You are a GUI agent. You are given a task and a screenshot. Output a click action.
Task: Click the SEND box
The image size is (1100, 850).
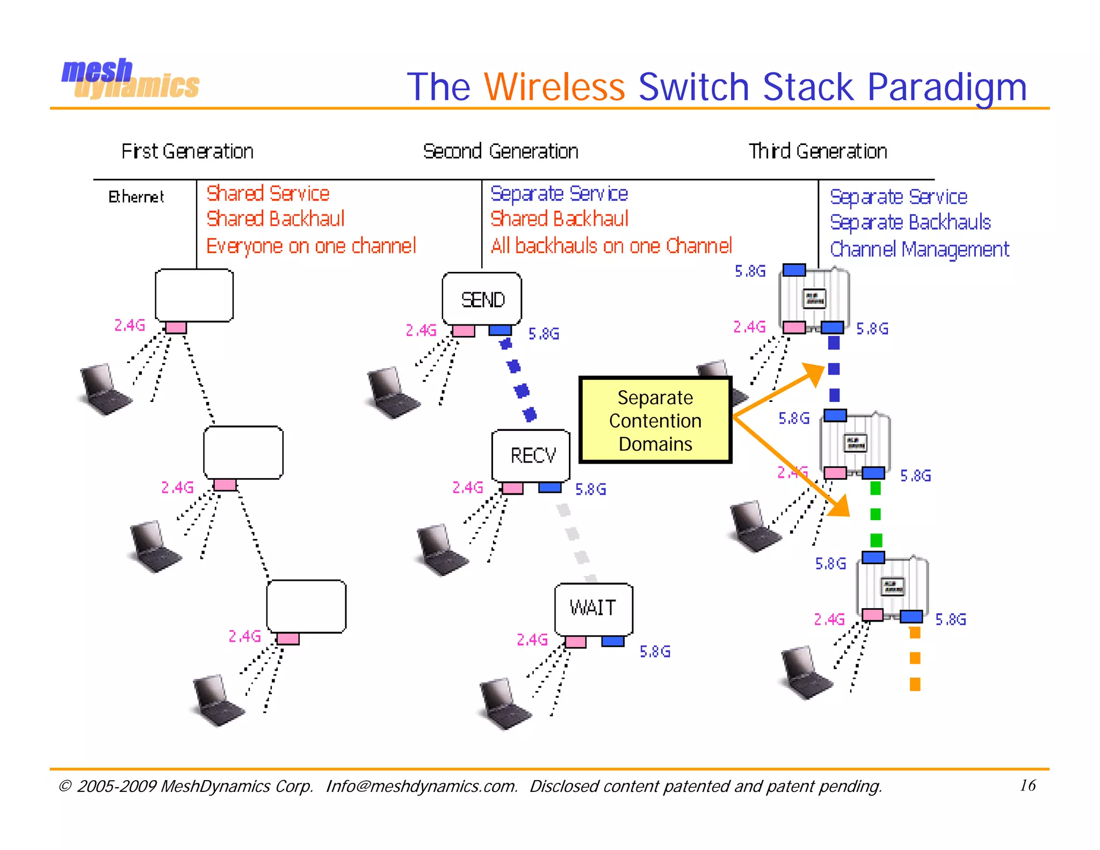482,299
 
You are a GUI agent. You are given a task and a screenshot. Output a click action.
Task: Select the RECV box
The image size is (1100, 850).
531,455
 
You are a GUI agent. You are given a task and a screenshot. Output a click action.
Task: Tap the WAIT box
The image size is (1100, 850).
594,608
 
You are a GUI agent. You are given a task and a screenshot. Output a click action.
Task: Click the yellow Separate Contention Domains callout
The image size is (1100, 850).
655,420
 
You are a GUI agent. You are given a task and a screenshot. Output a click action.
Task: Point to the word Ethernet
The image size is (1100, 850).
136,197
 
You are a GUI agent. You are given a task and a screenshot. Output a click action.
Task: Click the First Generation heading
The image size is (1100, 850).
187,152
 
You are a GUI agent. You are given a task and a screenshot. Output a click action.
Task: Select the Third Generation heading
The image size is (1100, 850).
817,152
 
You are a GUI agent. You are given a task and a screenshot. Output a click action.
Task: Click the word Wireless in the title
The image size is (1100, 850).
554,87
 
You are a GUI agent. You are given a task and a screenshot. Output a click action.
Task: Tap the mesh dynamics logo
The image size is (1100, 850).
130,79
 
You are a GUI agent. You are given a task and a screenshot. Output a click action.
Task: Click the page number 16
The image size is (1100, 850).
1027,785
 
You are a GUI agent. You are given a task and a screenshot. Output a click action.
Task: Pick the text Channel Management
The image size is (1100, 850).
919,249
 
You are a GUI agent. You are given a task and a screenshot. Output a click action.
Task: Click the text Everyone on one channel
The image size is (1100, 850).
311,246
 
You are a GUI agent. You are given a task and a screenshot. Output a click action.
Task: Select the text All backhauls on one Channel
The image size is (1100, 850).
611,246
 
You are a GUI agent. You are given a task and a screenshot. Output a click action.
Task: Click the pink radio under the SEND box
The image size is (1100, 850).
463,330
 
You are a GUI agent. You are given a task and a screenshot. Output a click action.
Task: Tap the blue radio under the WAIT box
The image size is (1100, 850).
612,641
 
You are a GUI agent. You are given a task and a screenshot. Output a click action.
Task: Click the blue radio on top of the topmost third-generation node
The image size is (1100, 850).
794,270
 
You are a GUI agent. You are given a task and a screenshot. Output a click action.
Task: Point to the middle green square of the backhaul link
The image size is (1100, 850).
875,514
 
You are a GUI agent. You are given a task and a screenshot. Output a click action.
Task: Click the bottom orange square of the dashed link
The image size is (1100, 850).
915,684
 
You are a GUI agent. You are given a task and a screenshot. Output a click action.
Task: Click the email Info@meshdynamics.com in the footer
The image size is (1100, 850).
422,786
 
